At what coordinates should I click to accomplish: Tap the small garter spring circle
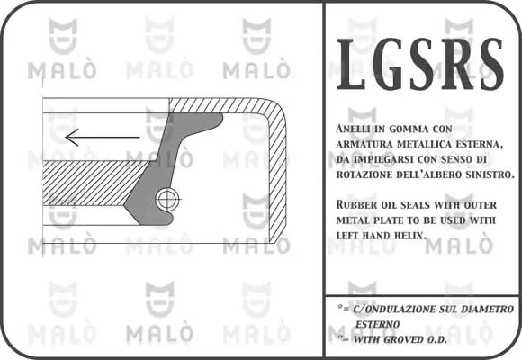tap(166, 200)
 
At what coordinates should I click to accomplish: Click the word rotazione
tap(363, 174)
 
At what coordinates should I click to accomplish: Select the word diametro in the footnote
tap(487, 309)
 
